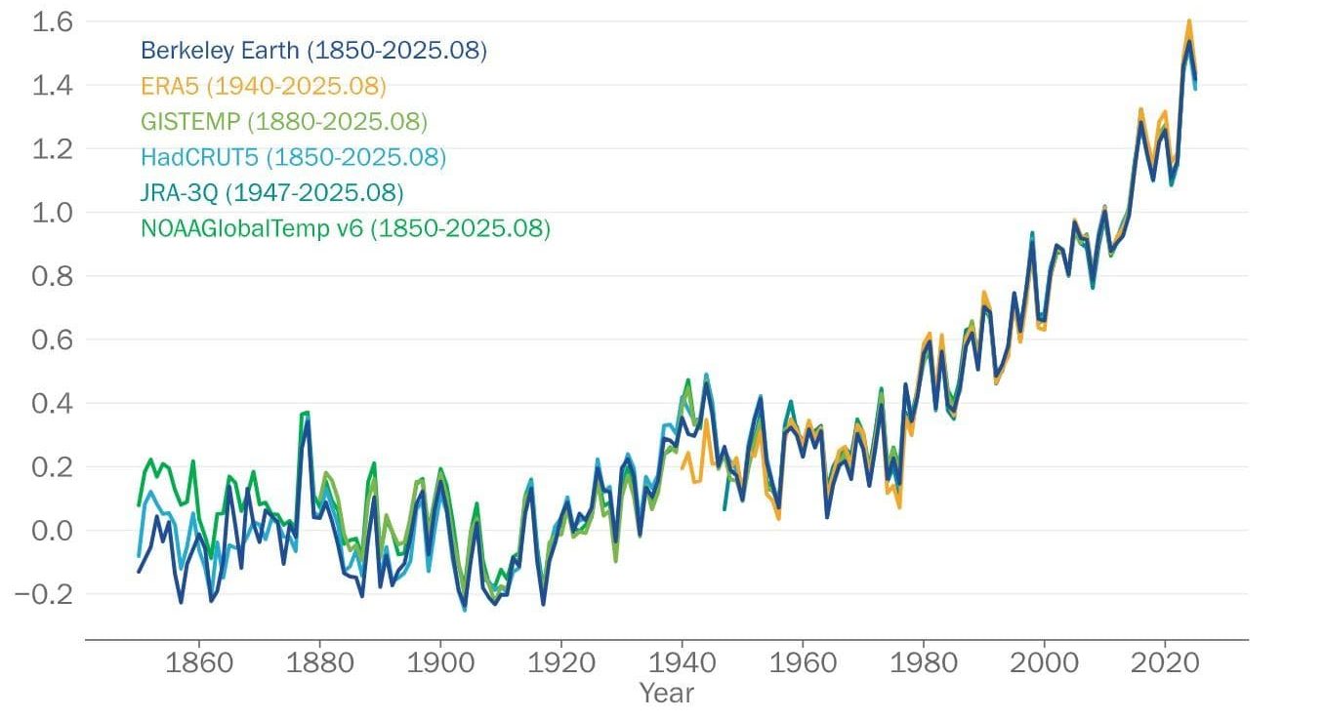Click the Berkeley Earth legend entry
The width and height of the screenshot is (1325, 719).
point(313,50)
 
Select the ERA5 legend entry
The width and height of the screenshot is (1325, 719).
point(264,86)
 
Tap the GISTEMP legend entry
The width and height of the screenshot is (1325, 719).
point(284,122)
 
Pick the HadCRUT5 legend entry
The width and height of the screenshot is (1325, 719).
point(293,157)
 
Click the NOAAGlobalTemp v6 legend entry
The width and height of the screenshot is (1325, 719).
point(346,229)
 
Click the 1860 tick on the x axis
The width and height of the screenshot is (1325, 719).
point(199,664)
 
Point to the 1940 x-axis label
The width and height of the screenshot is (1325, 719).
point(682,664)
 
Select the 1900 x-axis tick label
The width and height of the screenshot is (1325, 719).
point(440,664)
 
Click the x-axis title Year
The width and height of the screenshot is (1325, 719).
point(667,694)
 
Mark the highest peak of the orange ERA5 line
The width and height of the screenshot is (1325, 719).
point(1189,20)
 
